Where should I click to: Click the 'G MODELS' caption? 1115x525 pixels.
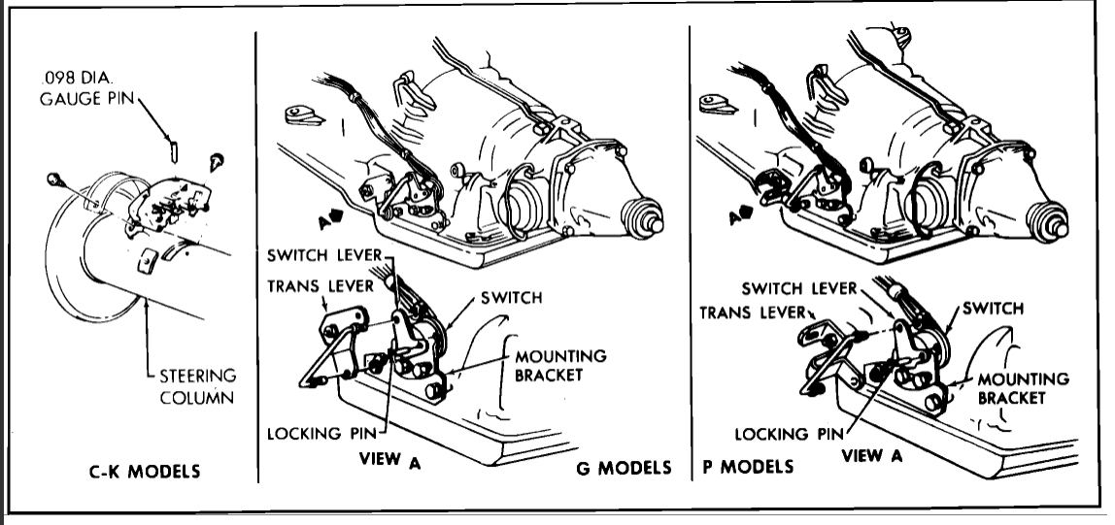point(625,468)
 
